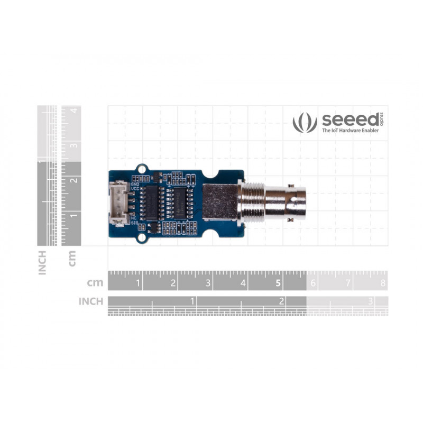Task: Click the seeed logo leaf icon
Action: coord(305,122)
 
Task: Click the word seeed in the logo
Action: coord(350,119)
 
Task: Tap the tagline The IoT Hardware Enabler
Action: coord(350,130)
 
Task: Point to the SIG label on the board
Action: coord(134,224)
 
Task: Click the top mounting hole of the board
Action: coord(141,169)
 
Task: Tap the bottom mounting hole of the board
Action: coord(141,238)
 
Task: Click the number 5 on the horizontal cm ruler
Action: coord(278,283)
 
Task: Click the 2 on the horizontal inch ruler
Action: coord(282,301)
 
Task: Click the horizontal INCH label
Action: coord(90,301)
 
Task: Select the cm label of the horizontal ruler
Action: coord(95,283)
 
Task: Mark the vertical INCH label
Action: coord(42,262)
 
